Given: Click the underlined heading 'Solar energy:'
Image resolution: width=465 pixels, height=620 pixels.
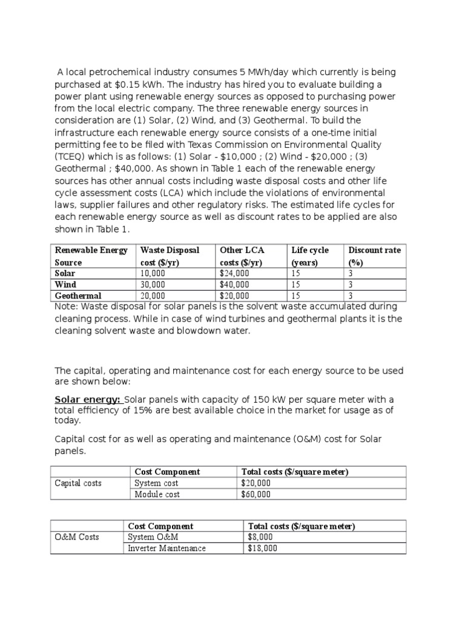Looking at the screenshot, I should point(88,400).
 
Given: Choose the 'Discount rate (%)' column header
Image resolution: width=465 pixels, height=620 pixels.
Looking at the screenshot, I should point(374,256).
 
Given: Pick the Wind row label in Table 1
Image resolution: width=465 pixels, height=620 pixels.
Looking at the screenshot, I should point(65,285).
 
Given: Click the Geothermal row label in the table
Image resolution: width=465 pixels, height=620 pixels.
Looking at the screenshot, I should point(78,295).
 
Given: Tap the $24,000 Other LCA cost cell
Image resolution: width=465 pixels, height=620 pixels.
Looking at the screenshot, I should point(234,274).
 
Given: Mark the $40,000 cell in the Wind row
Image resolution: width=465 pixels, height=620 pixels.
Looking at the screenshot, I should point(234,285).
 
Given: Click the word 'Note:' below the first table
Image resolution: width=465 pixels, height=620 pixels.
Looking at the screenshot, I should point(67,307).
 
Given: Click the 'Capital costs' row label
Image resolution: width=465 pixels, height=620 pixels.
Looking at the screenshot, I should point(78,483).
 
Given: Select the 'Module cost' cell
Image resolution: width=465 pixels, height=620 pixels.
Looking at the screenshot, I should point(157,495).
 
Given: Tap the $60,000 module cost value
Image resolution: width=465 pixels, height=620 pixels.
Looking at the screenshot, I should point(256,495).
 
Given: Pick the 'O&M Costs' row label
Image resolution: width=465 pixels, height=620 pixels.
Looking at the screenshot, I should point(76,537).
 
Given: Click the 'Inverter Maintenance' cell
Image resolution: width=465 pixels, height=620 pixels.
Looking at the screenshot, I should point(167,549).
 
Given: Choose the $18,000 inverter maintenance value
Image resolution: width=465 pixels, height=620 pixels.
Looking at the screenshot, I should point(262,549).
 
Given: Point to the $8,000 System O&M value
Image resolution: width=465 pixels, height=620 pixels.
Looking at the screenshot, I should point(260,537).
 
